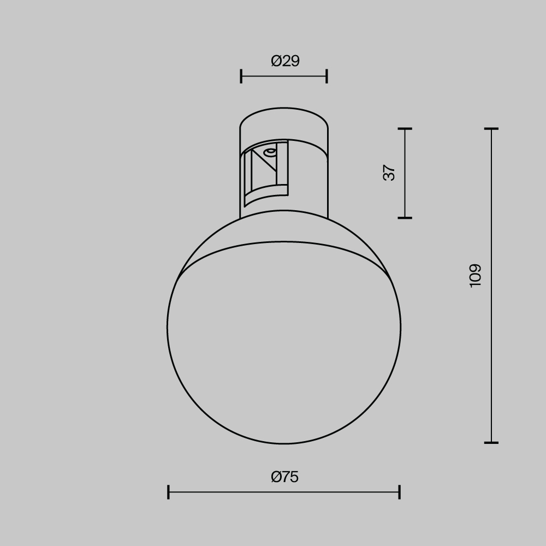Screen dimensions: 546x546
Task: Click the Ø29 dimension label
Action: coord(285,61)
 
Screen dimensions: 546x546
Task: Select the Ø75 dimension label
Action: coord(284,477)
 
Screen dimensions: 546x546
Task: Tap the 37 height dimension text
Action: coord(389,173)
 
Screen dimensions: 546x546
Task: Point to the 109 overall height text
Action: coord(476,275)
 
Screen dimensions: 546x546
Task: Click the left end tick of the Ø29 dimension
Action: coord(241,76)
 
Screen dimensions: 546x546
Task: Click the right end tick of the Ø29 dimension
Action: coord(327,76)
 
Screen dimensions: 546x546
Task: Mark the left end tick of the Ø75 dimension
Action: coord(168,492)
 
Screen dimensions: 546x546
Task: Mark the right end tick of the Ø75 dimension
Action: coord(400,492)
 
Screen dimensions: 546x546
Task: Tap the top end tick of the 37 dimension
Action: coord(405,129)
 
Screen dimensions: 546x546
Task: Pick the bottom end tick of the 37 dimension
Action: coord(405,218)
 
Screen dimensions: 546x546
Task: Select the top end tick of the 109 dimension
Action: coord(491,129)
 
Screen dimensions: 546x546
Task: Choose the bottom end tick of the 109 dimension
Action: coord(491,442)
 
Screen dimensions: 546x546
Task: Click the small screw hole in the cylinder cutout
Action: coord(269,152)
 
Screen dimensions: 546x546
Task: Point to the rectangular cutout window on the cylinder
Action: coord(265,172)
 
